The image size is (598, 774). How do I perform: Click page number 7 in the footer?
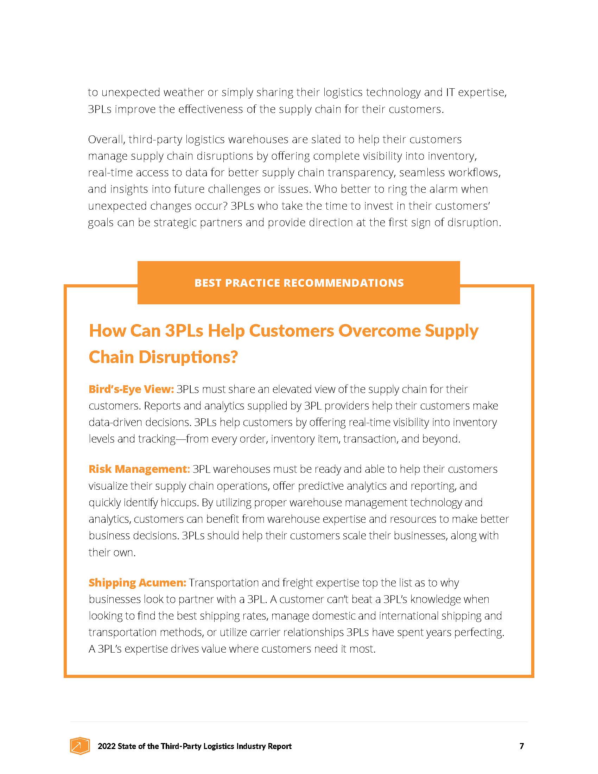[x=521, y=746]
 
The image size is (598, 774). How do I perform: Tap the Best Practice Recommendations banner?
[x=299, y=283]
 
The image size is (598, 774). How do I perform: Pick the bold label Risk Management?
[x=139, y=469]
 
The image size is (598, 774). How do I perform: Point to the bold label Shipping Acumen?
[x=137, y=583]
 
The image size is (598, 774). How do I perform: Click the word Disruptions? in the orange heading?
[x=188, y=357]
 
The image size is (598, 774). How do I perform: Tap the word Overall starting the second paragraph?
[x=106, y=139]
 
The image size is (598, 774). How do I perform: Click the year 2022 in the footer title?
[x=106, y=746]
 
